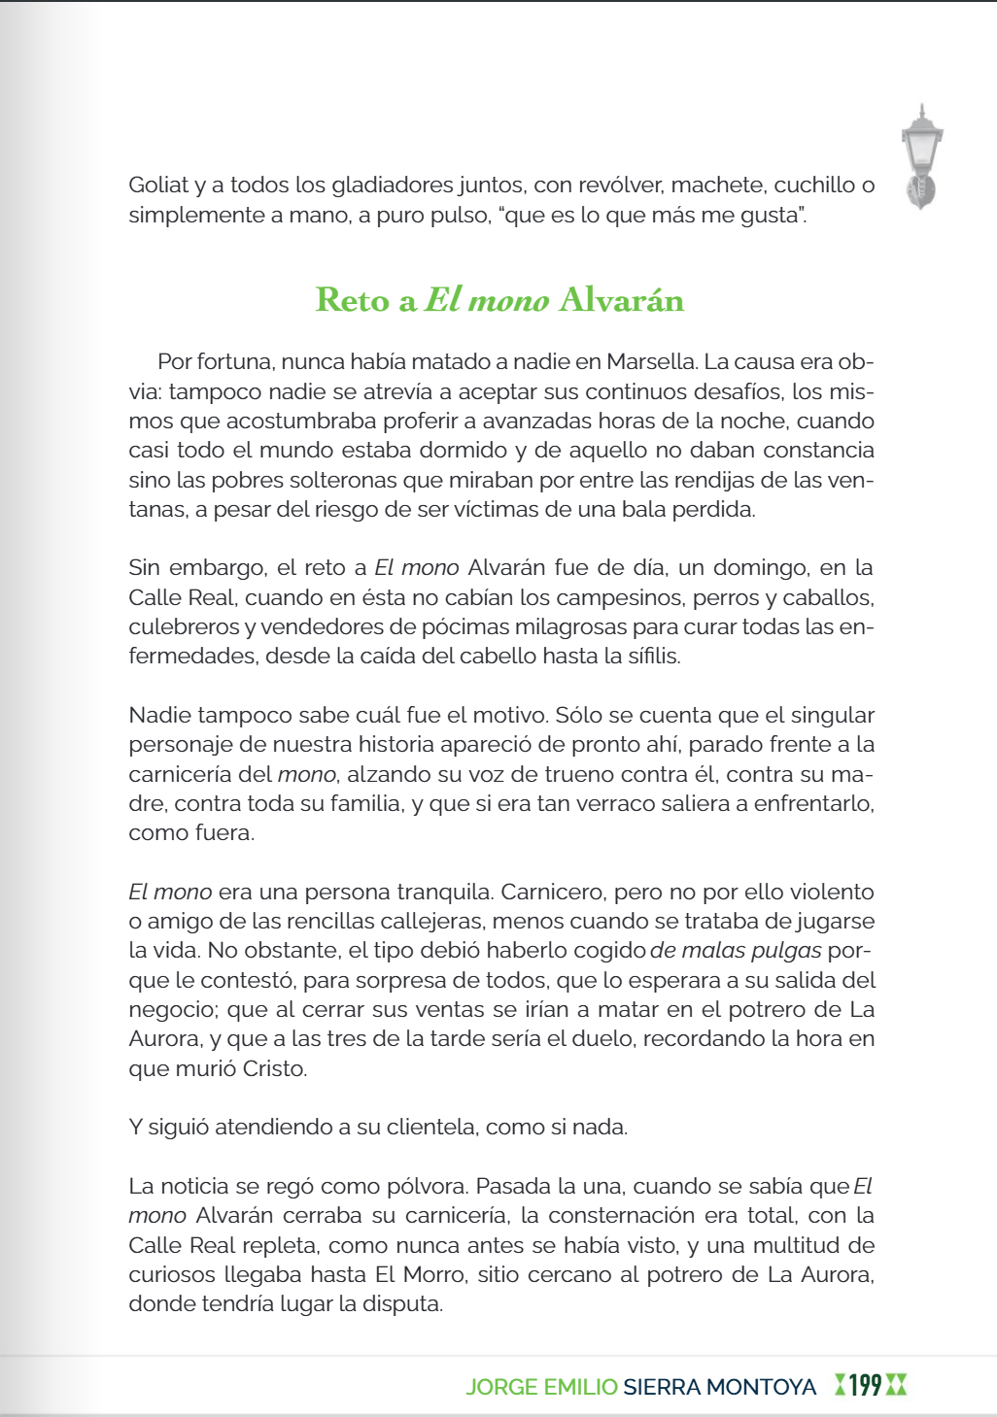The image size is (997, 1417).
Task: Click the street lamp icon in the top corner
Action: (x=921, y=155)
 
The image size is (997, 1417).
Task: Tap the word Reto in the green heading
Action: (x=353, y=300)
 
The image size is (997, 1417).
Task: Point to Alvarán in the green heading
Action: (x=622, y=300)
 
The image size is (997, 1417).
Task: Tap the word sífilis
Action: (x=653, y=656)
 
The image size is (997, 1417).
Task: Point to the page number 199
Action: (x=865, y=1386)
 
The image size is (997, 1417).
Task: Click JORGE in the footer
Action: (x=501, y=1387)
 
